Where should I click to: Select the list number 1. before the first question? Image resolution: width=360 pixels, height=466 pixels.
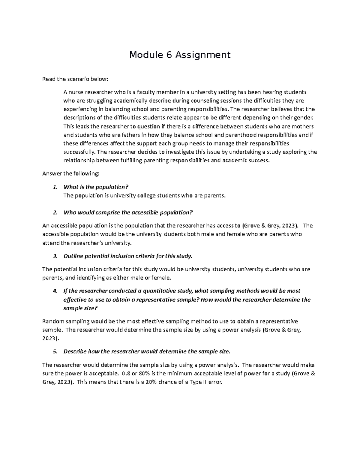point(55,187)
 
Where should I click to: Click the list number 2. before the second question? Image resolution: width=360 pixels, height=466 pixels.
point(55,213)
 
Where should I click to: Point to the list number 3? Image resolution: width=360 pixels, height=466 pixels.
point(55,256)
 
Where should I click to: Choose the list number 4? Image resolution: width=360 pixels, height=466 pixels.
point(55,291)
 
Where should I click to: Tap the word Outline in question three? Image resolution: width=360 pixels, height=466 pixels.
point(73,256)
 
